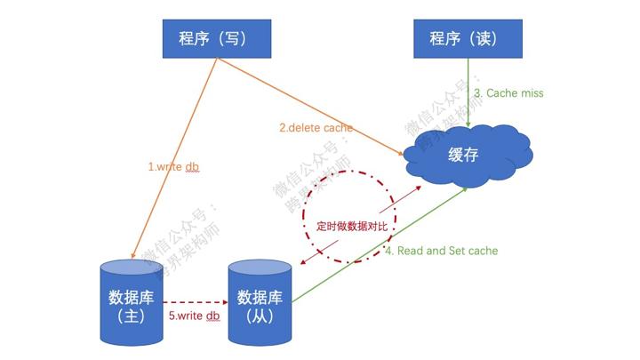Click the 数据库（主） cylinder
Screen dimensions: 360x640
[132, 302]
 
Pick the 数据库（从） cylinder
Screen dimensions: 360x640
[260, 302]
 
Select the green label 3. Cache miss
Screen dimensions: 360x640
[508, 92]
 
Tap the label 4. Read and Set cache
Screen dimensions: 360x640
[441, 251]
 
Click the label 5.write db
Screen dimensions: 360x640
[194, 316]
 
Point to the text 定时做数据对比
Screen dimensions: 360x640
[352, 226]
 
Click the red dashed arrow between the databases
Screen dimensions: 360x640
[196, 300]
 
